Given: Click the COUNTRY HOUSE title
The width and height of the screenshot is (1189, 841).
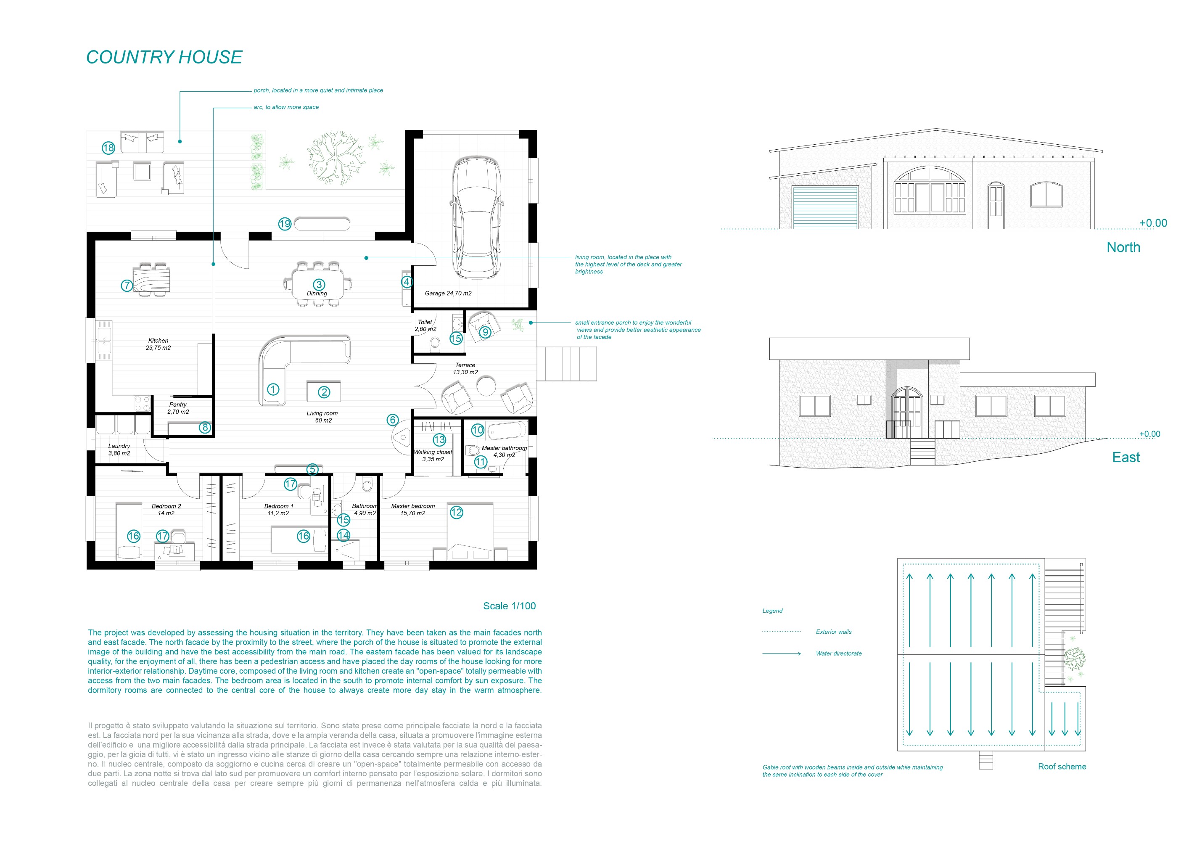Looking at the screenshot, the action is (164, 57).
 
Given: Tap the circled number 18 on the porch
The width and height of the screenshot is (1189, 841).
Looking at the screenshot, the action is (108, 148).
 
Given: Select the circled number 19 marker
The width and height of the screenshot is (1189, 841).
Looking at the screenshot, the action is (285, 224).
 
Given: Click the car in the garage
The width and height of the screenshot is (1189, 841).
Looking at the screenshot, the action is (477, 217).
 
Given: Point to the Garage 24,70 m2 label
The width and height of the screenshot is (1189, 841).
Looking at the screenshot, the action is (448, 293).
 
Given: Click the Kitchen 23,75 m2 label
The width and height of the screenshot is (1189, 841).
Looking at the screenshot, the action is (158, 344).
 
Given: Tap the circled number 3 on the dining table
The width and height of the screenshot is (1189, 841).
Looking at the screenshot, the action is (319, 284).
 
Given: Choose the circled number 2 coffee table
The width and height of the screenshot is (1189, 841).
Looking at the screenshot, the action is (324, 392).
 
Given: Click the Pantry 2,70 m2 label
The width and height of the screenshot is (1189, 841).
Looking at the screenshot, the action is (177, 408).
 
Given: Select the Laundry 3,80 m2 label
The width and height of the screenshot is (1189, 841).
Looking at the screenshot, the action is (119, 450).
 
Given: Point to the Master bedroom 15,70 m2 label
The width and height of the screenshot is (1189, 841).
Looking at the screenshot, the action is (413, 510).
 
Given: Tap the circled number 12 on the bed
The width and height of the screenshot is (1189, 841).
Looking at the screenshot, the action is (456, 512).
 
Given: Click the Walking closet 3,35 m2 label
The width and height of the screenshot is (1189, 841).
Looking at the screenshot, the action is (433, 456).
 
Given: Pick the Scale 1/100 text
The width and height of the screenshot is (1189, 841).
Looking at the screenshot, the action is (510, 606).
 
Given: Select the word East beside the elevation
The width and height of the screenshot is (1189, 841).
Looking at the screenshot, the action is (1126, 457).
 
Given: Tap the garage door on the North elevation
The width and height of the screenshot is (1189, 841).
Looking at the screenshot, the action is (825, 207).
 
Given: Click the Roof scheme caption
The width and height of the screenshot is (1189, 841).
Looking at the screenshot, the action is (1062, 767).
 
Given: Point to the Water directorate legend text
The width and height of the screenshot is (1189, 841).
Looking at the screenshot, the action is (839, 653).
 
